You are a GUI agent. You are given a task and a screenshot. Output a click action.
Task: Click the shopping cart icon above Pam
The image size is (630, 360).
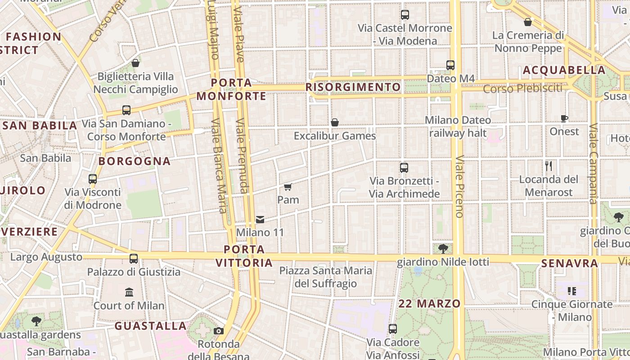[x=288, y=187]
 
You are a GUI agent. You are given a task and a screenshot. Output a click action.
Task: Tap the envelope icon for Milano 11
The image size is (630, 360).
[x=260, y=220]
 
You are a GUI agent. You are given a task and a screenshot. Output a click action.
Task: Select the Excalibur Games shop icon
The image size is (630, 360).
[x=335, y=122]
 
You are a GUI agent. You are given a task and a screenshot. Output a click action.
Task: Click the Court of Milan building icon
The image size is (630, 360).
[x=129, y=292]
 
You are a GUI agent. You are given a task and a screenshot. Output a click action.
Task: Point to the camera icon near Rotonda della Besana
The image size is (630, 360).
[x=219, y=331]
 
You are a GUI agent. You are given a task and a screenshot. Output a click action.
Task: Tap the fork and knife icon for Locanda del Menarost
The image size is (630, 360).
[x=548, y=166]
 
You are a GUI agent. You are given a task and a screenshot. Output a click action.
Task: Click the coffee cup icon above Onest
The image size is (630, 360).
[x=564, y=119]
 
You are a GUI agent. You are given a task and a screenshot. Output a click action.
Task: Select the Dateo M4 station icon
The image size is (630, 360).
[x=450, y=65]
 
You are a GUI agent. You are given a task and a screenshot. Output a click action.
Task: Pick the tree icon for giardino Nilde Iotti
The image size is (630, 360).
[x=443, y=248]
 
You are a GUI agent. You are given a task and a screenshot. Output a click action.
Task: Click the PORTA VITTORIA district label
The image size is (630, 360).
[x=244, y=256]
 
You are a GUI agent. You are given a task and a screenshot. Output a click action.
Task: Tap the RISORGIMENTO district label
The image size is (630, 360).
[x=353, y=87]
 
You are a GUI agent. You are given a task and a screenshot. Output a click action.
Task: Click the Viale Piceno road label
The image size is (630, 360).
[x=459, y=187]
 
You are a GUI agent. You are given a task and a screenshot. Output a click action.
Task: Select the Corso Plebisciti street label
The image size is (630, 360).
[x=523, y=88]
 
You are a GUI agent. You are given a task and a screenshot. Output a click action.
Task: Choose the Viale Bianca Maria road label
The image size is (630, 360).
[x=218, y=165]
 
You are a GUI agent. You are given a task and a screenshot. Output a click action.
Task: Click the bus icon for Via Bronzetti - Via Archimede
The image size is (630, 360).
[x=404, y=168]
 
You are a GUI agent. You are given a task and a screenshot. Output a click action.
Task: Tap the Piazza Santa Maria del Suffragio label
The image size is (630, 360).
[x=326, y=277]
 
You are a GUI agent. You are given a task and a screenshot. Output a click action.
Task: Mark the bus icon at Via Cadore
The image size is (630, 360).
[x=393, y=329]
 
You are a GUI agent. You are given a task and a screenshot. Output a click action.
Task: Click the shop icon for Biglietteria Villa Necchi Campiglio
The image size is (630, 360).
[x=135, y=63]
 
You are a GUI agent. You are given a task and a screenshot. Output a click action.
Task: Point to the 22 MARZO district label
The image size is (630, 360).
[x=430, y=304]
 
